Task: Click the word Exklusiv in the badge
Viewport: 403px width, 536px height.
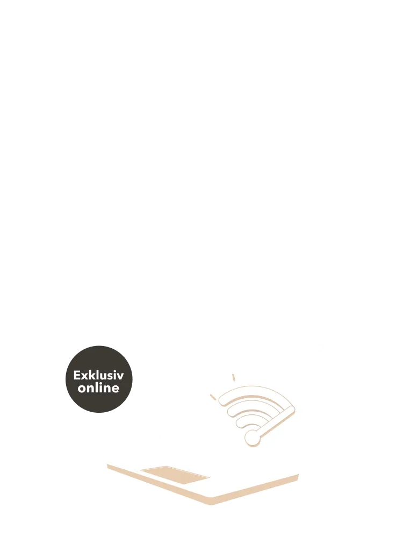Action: click(x=98, y=375)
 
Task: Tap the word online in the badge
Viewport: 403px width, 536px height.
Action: click(x=98, y=387)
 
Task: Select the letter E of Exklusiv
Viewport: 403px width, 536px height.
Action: click(x=77, y=375)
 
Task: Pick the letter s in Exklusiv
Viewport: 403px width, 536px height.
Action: click(x=111, y=377)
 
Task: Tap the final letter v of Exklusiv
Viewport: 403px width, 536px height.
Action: click(x=120, y=377)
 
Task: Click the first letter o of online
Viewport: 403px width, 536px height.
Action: click(x=81, y=389)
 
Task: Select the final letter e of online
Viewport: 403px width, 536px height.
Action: click(x=116, y=389)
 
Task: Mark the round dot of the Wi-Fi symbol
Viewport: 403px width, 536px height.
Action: click(x=252, y=438)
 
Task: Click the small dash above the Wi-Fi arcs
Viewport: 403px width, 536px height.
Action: click(x=233, y=377)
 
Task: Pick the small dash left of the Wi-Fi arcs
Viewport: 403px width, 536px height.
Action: click(x=213, y=397)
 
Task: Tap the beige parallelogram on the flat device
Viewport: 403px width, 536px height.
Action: click(x=175, y=475)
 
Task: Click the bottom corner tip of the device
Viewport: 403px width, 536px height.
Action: click(x=211, y=504)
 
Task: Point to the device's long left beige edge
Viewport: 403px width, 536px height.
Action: click(x=159, y=484)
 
